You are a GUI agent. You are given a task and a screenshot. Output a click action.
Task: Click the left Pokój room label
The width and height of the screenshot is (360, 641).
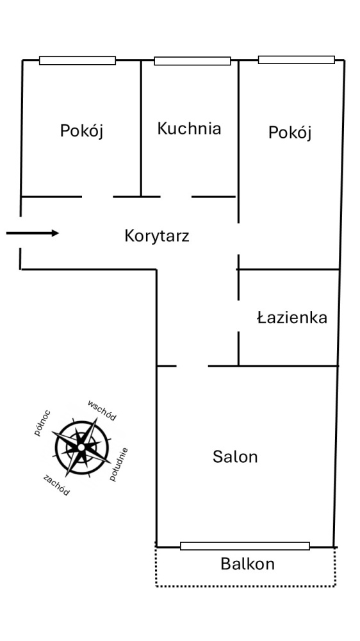(82, 131)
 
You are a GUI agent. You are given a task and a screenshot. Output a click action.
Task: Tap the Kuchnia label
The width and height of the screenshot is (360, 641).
(189, 128)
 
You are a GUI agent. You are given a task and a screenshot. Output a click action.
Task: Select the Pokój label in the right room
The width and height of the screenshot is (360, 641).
(290, 133)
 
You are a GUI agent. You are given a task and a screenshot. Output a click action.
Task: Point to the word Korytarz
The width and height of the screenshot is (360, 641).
(157, 237)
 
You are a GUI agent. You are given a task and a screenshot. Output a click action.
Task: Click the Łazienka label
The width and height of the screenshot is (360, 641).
(292, 317)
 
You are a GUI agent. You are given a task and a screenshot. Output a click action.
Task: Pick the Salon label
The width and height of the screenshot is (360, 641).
(235, 456)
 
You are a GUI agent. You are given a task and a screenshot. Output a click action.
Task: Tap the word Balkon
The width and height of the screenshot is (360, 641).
(248, 564)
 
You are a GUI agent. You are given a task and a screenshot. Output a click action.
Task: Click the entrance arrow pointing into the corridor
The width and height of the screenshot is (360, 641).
(33, 233)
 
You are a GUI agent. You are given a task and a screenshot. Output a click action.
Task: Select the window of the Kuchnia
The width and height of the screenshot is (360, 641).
(192, 61)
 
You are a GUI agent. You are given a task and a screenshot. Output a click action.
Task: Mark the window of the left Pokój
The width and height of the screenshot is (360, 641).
(78, 60)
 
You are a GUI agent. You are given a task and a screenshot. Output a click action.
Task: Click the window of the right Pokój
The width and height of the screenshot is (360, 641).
(297, 60)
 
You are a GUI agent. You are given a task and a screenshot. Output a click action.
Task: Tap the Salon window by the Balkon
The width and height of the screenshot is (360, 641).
(245, 546)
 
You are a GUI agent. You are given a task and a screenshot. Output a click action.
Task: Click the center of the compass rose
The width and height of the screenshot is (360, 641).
(81, 447)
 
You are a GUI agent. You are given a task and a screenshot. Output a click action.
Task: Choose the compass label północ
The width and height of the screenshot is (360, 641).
(43, 423)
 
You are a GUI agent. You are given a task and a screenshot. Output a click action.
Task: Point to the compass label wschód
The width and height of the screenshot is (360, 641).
(102, 410)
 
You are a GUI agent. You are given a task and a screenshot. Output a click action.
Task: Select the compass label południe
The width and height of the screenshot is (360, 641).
(119, 464)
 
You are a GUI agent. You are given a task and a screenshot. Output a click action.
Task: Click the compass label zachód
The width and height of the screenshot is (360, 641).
(56, 485)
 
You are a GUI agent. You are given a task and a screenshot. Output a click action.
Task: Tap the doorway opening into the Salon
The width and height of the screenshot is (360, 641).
(192, 366)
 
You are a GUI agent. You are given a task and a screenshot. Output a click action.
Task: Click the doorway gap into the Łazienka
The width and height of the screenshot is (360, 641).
(239, 316)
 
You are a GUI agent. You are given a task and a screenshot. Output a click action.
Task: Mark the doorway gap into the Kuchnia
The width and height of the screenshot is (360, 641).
(176, 197)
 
